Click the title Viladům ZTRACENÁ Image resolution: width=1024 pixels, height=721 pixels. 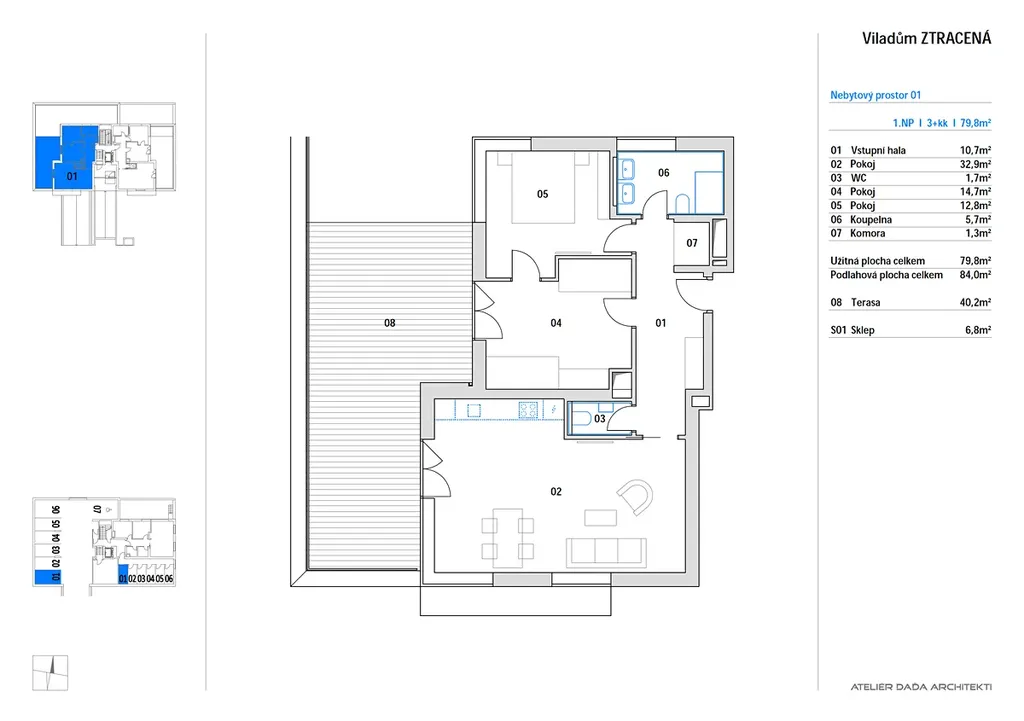(926, 39)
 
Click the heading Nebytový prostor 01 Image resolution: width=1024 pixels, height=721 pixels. (875, 95)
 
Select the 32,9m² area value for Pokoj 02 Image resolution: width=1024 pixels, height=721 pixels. (975, 165)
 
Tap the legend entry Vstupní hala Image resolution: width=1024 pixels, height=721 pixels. (878, 150)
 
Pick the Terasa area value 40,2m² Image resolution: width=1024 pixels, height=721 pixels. (975, 302)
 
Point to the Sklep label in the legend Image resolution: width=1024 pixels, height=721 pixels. (862, 330)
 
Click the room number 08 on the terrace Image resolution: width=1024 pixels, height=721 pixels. (389, 323)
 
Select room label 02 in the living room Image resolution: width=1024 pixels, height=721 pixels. (556, 491)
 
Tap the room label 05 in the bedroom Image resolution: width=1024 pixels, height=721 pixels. (543, 194)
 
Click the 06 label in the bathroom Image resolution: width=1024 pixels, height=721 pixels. (664, 172)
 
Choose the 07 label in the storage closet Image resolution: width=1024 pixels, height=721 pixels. (692, 243)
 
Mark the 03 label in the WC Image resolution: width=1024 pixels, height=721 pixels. (600, 419)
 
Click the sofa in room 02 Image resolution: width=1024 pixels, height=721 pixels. (606, 552)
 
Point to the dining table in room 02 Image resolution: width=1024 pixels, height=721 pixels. (507, 533)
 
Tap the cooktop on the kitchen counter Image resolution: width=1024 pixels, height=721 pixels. (528, 409)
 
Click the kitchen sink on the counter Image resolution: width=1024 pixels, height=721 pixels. (473, 410)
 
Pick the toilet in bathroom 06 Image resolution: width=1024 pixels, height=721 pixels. (682, 204)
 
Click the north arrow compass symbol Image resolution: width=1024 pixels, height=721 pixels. (50, 673)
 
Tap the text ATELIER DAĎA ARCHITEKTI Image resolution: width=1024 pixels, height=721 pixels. (921, 687)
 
